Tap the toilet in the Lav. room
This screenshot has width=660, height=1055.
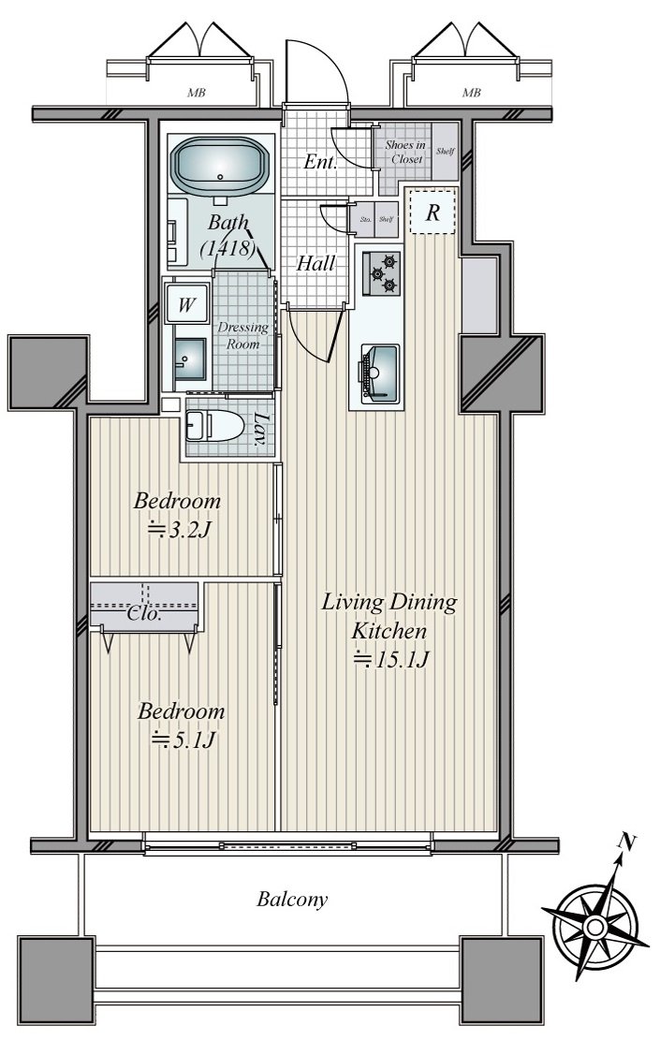pyautogui.click(x=215, y=426)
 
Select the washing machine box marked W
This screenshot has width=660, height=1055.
pyautogui.click(x=186, y=304)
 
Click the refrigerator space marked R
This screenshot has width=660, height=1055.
pyautogui.click(x=433, y=212)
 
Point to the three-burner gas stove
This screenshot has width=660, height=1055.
pyautogui.click(x=381, y=273)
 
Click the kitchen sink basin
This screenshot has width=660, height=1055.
pyautogui.click(x=380, y=374)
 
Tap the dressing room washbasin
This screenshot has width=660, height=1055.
pyautogui.click(x=190, y=359)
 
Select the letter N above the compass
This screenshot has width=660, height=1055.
pyautogui.click(x=627, y=842)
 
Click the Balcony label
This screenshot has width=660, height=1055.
pyautogui.click(x=292, y=899)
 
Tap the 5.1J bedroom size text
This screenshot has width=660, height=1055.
pyautogui.click(x=183, y=740)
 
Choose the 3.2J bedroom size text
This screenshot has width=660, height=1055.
pyautogui.click(x=179, y=530)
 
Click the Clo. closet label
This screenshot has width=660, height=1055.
pyautogui.click(x=143, y=614)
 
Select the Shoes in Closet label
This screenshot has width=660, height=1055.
pyautogui.click(x=405, y=152)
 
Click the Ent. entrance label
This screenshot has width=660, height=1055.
pyautogui.click(x=320, y=161)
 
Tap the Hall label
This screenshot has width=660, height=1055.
pyautogui.click(x=315, y=263)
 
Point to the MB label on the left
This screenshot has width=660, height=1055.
pyautogui.click(x=197, y=93)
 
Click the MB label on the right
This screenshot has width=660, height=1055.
pyautogui.click(x=472, y=93)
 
